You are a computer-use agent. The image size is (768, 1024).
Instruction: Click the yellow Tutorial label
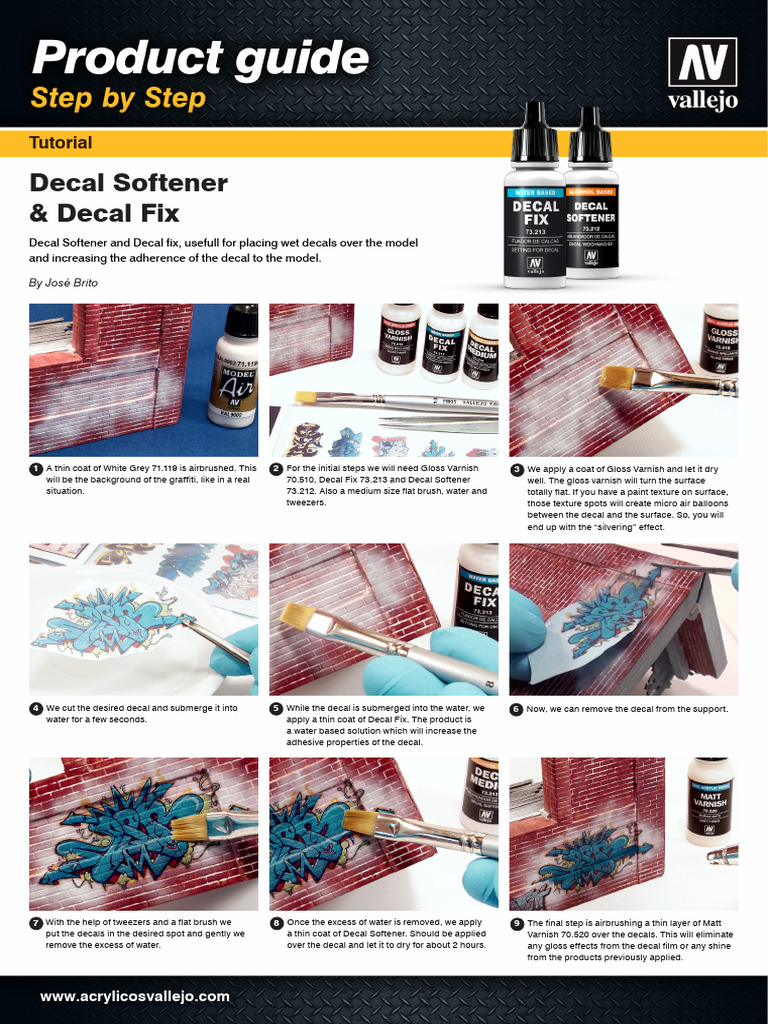[x=61, y=143]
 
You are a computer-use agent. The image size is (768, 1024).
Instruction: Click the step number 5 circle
[x=276, y=709]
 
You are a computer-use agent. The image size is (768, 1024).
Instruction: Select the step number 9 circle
[x=516, y=924]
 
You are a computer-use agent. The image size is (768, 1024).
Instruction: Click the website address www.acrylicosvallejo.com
[x=135, y=996]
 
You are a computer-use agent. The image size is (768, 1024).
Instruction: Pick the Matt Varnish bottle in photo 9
[x=710, y=800]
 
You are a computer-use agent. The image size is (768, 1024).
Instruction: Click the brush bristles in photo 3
[x=616, y=377]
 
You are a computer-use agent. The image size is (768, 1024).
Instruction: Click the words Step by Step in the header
[x=118, y=98]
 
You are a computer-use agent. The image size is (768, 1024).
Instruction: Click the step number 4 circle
[x=36, y=709]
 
